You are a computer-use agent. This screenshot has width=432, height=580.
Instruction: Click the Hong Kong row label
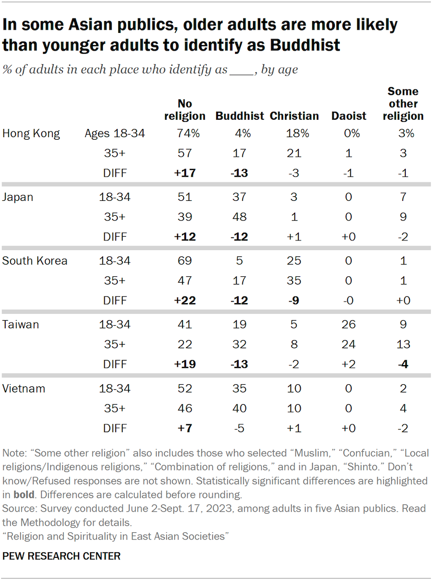click(x=31, y=134)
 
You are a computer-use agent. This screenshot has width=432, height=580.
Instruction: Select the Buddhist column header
click(x=240, y=116)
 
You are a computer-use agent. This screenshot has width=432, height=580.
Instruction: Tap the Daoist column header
click(x=349, y=116)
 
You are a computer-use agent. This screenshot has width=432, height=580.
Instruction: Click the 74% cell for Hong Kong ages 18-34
click(x=185, y=134)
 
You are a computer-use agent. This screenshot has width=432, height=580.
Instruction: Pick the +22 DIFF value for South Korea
click(x=185, y=300)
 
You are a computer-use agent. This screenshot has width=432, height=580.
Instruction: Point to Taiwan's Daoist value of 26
click(x=349, y=325)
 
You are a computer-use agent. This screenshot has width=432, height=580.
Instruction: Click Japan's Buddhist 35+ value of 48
click(x=240, y=217)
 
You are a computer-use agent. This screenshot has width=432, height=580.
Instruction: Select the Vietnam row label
click(x=24, y=389)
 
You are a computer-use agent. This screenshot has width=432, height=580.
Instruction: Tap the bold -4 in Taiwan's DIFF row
click(x=403, y=364)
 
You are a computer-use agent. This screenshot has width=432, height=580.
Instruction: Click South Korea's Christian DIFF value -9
click(x=294, y=300)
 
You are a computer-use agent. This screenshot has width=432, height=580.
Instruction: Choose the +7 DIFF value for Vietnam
click(x=185, y=428)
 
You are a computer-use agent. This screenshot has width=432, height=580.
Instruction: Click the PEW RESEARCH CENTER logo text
click(x=61, y=556)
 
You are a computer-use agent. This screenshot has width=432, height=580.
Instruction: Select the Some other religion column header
click(x=403, y=104)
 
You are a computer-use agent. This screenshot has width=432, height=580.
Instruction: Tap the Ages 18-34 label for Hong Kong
click(x=115, y=134)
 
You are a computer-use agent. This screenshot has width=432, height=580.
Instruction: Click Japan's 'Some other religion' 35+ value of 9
click(x=403, y=217)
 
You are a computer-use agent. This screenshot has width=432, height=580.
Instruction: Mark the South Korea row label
click(x=34, y=260)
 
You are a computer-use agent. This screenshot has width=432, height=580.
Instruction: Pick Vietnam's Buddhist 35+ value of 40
click(x=240, y=408)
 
